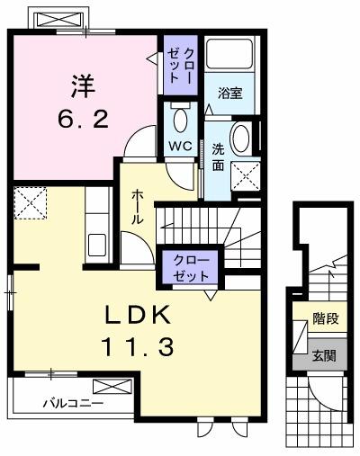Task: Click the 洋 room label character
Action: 82,87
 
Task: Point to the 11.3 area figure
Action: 137,345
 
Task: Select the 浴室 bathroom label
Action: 229,92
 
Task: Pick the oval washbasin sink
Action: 240,140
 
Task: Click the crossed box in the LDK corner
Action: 32,202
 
